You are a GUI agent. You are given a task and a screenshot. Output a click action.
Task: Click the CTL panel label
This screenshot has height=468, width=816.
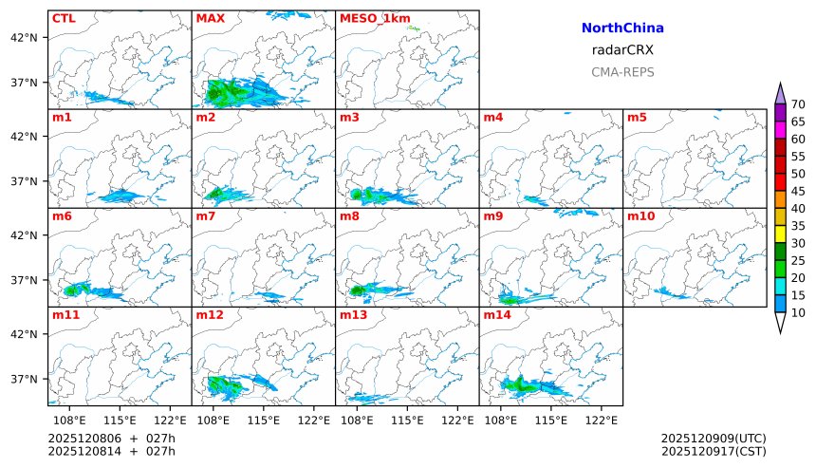[64, 18]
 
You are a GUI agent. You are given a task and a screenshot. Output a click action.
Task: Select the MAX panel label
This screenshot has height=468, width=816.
[210, 18]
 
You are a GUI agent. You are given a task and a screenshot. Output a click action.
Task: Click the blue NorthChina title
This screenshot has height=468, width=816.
[622, 28]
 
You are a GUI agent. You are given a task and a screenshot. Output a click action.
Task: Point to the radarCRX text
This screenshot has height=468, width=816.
[622, 50]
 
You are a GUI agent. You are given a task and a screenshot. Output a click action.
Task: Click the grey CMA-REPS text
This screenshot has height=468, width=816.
[622, 71]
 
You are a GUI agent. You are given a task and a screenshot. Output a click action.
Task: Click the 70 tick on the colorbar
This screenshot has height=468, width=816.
[798, 104]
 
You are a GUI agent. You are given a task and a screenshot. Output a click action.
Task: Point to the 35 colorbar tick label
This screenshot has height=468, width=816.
[798, 226]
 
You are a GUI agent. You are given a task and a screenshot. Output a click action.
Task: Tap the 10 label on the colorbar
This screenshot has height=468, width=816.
[798, 312]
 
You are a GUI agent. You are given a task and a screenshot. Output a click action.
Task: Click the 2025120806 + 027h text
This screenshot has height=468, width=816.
[112, 439]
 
